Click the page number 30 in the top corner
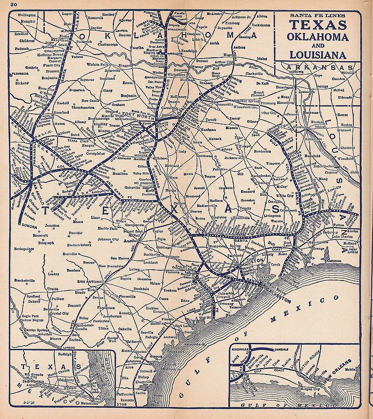tap(14, 5)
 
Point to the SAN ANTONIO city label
tap(89, 281)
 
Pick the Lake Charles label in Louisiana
tap(342, 236)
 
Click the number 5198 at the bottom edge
tap(121, 402)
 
